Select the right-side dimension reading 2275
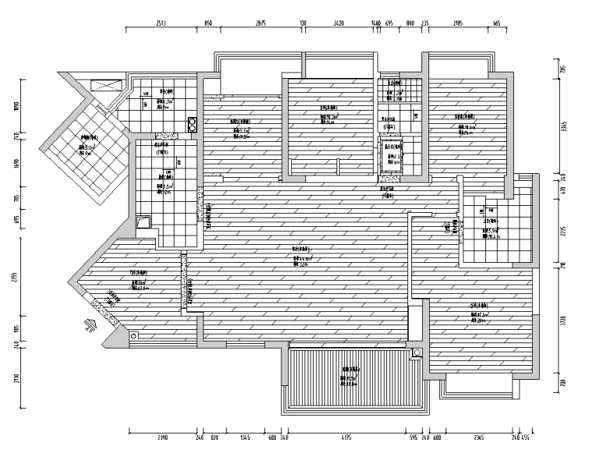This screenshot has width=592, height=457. [565, 231]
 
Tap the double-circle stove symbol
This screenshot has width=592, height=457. [192, 124]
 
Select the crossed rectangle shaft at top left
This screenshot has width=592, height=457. [104, 86]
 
